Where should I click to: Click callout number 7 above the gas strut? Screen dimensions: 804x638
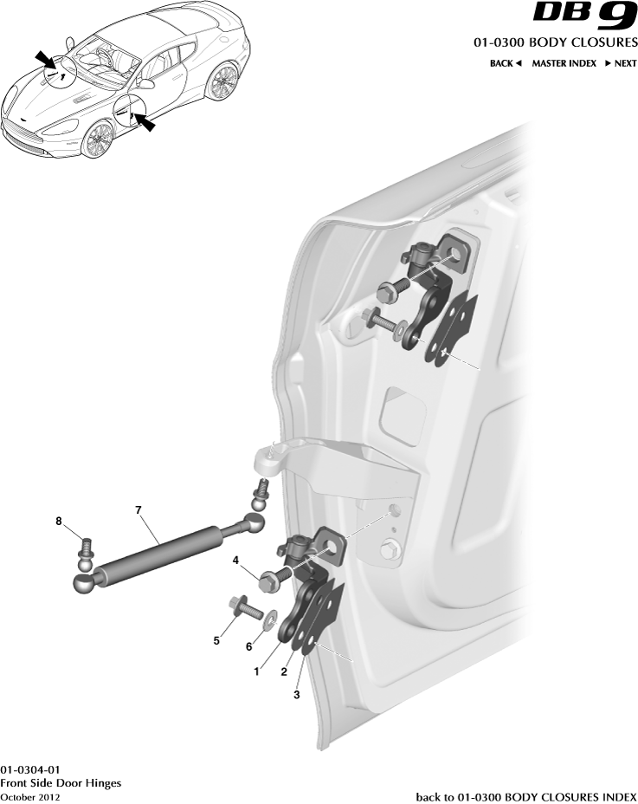coord(138,510)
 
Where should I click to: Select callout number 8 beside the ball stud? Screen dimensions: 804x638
coord(59,522)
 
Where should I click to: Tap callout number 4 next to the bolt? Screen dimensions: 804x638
coord(235,561)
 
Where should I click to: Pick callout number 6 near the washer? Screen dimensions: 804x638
coord(250,646)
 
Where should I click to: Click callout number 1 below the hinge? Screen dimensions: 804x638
coord(255,670)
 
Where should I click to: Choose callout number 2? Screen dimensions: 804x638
coord(283,671)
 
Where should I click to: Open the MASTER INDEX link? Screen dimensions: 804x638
coord(564,63)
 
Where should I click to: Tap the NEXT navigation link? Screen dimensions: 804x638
coord(621,63)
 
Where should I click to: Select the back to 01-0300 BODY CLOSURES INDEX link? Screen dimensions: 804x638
coord(526,796)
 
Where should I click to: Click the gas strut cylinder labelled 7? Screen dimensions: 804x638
coord(160,550)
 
